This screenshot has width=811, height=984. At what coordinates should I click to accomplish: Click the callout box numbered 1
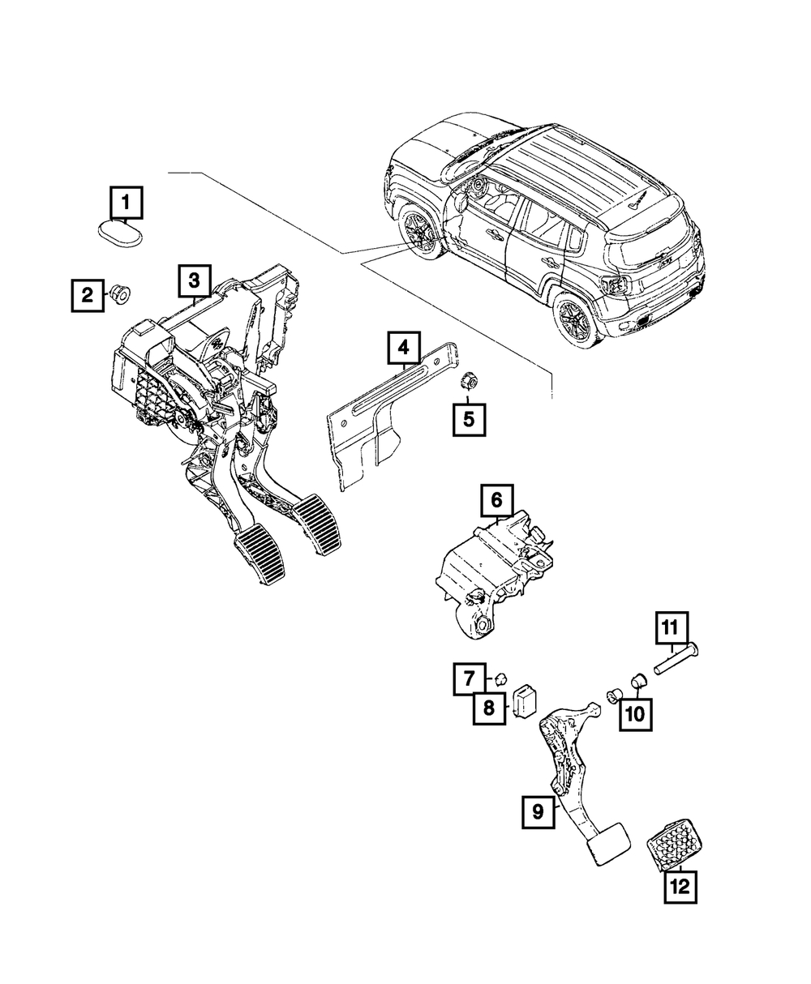(x=126, y=203)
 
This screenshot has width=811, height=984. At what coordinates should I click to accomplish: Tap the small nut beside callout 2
(x=120, y=294)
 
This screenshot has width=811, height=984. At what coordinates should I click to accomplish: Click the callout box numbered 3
(x=195, y=281)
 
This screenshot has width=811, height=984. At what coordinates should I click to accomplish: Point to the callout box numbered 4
(x=404, y=348)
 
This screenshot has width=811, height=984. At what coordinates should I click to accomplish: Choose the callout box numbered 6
(x=497, y=500)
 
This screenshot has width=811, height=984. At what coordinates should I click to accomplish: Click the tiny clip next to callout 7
(x=500, y=679)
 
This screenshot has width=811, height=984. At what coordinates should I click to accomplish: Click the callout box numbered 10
(x=636, y=714)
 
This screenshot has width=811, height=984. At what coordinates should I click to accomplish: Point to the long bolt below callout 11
(x=676, y=662)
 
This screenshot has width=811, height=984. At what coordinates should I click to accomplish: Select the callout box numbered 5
(x=469, y=419)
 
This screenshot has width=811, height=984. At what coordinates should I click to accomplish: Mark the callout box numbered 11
(x=672, y=628)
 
